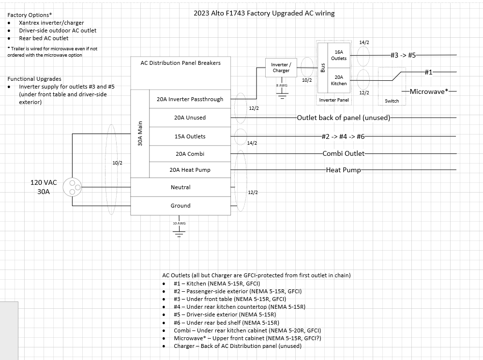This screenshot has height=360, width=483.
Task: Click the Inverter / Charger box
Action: (281, 67)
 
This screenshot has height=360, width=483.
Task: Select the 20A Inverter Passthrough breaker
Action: (190, 99)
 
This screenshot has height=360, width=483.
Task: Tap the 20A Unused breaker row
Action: (190, 118)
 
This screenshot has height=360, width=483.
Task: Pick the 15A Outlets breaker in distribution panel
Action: (190, 136)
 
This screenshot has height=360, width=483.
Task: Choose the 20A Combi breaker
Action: (190, 154)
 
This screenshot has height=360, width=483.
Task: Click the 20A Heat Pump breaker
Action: (190, 170)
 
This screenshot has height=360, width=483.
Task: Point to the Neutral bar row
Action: (181, 187)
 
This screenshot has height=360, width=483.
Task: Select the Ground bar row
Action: (181, 206)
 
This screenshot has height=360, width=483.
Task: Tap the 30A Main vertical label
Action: (140, 134)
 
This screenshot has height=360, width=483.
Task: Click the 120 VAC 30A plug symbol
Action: (75, 188)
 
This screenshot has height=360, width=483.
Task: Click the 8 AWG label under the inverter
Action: (281, 85)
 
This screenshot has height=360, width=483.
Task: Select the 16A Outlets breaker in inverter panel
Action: (338, 55)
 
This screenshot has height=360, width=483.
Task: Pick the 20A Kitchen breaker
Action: (338, 80)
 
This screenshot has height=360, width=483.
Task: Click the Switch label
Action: (392, 101)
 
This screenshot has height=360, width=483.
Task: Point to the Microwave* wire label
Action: (428, 91)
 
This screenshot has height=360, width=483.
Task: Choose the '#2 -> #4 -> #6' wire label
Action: (343, 136)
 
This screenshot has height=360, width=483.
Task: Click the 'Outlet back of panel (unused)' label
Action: (343, 118)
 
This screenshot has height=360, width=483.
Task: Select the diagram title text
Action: (264, 13)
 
